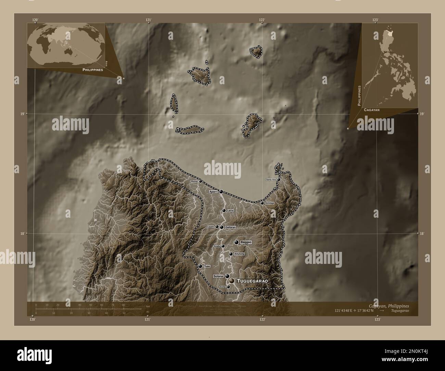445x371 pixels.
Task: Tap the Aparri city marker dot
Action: (221, 191)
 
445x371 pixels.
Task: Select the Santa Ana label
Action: (271, 180)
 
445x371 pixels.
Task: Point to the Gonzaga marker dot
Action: (262, 203)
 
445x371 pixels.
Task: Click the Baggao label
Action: (246, 242)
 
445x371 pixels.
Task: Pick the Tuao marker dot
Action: (200, 266)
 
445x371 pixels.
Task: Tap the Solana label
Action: (218, 276)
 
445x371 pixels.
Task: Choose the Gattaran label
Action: (231, 227)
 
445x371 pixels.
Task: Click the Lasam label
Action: (210, 227)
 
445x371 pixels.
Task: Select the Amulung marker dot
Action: (231, 254)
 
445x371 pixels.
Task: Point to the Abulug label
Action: (193, 181)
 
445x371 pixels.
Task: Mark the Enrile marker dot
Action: (228, 287)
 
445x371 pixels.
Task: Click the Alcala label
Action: (216, 246)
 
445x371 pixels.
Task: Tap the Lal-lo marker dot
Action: (224, 210)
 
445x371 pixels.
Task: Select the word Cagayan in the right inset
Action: (372, 110)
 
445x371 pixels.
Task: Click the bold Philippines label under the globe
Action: (92, 69)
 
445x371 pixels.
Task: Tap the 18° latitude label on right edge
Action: (422, 233)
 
